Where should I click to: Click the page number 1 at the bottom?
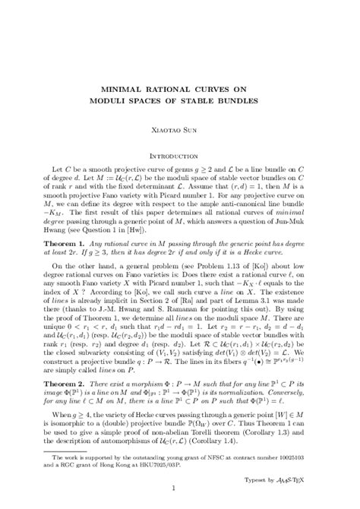(179, 486)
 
